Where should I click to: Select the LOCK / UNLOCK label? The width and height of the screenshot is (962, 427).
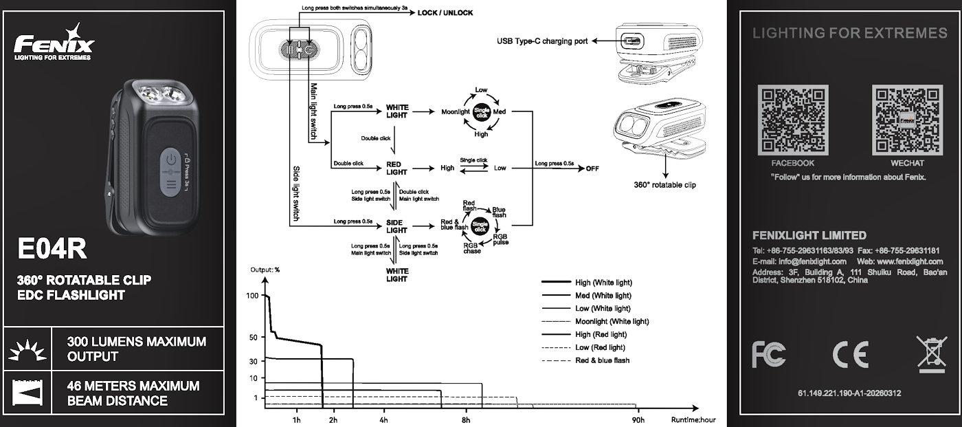point(445,13)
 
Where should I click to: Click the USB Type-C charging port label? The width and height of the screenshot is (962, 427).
point(542,41)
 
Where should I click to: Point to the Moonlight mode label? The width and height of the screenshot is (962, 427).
point(455,111)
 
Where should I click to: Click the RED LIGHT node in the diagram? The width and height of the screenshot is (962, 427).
point(396,168)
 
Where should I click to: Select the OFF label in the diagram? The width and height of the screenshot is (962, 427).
point(592,168)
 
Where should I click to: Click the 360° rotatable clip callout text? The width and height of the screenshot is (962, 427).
point(664,184)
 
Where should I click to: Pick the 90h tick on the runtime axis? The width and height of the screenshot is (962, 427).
point(638,419)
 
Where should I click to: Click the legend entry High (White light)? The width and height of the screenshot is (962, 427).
point(603,283)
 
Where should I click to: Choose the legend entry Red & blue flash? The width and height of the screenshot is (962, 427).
point(602,360)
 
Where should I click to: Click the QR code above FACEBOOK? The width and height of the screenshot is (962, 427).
point(792,120)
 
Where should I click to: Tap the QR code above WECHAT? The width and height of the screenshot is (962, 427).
point(907,120)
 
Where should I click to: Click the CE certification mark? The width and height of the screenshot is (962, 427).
point(850,354)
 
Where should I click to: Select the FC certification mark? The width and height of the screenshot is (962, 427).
point(769,354)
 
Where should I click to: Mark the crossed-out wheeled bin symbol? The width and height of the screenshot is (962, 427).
point(931,354)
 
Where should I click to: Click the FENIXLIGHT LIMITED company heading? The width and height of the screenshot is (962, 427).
point(809,235)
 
